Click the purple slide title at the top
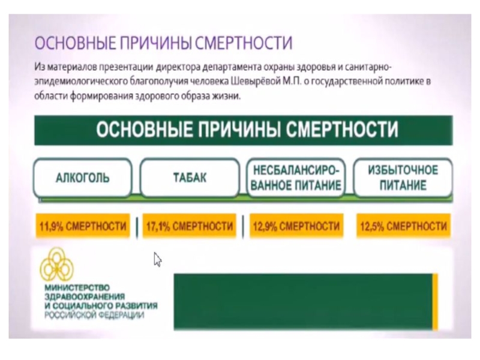pyautogui.click(x=164, y=44)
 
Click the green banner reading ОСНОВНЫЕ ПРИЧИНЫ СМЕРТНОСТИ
pyautogui.click(x=243, y=130)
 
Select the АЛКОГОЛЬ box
pyautogui.click(x=83, y=178)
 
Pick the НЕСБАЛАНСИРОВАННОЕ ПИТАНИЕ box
pyautogui.click(x=296, y=178)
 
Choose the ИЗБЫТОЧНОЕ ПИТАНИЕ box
pyautogui.click(x=403, y=178)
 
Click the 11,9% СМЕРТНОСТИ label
pyautogui.click(x=83, y=227)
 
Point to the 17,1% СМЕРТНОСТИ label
pyautogui.click(x=190, y=227)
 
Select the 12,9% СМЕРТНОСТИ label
pyautogui.click(x=296, y=227)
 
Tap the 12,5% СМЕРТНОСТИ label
pyautogui.click(x=403, y=227)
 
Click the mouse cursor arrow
pyautogui.click(x=157, y=259)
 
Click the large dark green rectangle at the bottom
pyautogui.click(x=303, y=301)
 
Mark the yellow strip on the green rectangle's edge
pyautogui.click(x=435, y=301)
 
